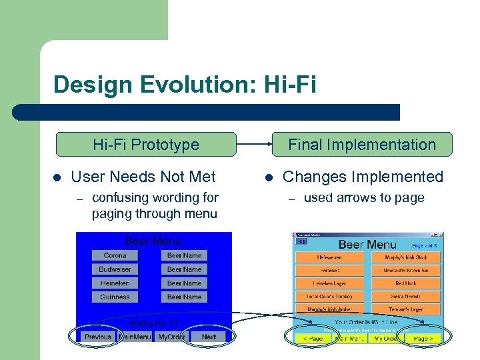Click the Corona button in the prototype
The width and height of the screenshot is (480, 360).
pos(115,255)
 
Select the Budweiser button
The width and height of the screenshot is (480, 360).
pos(115,269)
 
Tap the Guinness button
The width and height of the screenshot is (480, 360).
pos(115,297)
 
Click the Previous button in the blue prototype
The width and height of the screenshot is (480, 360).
pos(97,337)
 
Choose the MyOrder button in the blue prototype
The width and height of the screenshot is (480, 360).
pos(171,337)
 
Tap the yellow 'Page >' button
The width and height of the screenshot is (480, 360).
pos(421,339)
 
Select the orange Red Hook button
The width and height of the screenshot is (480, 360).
pos(405,283)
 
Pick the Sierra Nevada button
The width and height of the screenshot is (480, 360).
pos(405,296)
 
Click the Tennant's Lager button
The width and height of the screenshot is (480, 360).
pos(405,309)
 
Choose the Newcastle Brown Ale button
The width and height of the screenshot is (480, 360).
pos(405,271)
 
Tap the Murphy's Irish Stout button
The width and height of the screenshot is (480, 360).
pos(405,257)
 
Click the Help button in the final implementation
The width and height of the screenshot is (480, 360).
pos(301,241)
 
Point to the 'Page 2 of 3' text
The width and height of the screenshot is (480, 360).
pos(424,246)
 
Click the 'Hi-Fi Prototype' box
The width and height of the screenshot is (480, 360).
pos(145,144)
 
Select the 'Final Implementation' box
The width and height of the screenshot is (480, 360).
pos(361,144)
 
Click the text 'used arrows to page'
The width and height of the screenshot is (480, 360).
pos(363,198)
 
